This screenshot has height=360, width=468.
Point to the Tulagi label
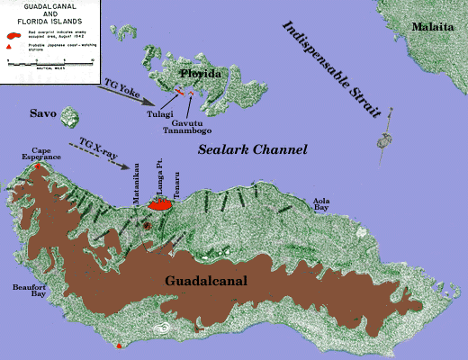point(160,113)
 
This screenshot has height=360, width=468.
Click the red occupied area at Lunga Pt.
point(160,206)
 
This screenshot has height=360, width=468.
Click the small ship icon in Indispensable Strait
point(384,139)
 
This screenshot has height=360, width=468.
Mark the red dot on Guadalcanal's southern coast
point(119,345)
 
